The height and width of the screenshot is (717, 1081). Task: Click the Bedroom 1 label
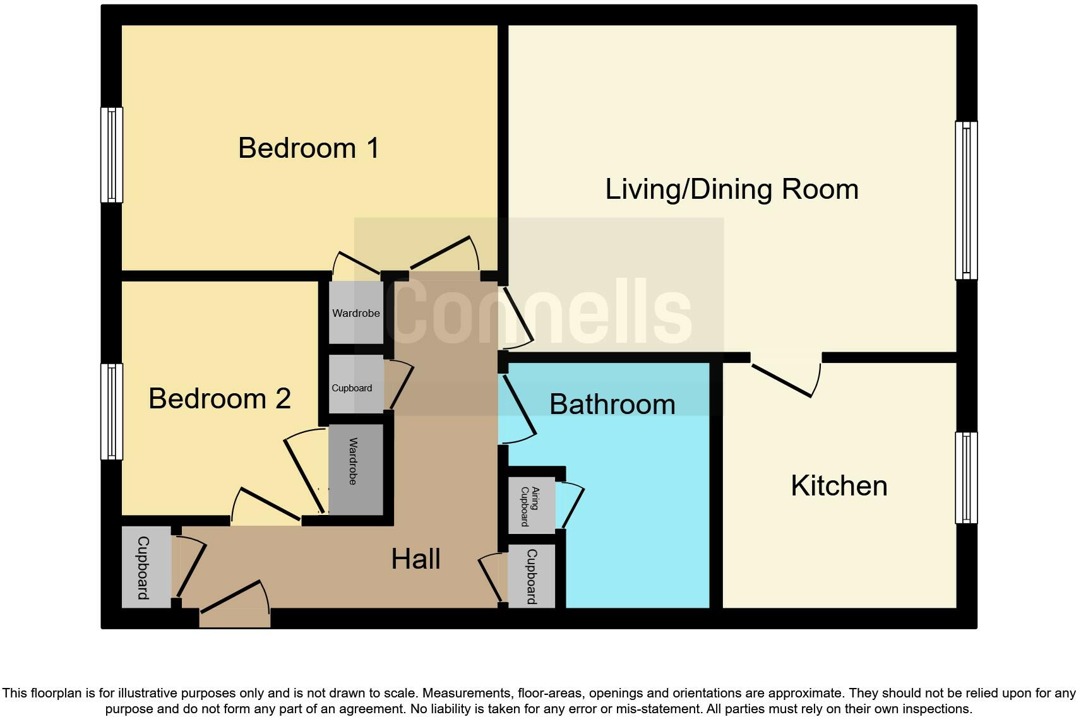pyautogui.click(x=309, y=148)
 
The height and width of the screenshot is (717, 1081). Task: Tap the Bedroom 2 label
pyautogui.click(x=219, y=399)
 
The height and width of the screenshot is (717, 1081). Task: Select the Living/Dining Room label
pyautogui.click(x=731, y=189)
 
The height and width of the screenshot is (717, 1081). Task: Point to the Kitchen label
pyautogui.click(x=839, y=486)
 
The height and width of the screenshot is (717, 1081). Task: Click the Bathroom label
pyautogui.click(x=612, y=405)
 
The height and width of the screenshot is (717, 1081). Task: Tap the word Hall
pyautogui.click(x=415, y=559)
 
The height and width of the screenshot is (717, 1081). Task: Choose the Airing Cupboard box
pyautogui.click(x=532, y=506)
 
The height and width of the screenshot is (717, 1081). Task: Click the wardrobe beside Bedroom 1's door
pyautogui.click(x=356, y=313)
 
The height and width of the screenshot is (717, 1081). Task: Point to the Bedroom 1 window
pyautogui.click(x=112, y=155)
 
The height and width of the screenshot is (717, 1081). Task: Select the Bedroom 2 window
pyautogui.click(x=112, y=412)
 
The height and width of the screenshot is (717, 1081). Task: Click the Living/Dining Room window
pyautogui.click(x=966, y=200)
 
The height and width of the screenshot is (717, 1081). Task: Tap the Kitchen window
pyautogui.click(x=966, y=478)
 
